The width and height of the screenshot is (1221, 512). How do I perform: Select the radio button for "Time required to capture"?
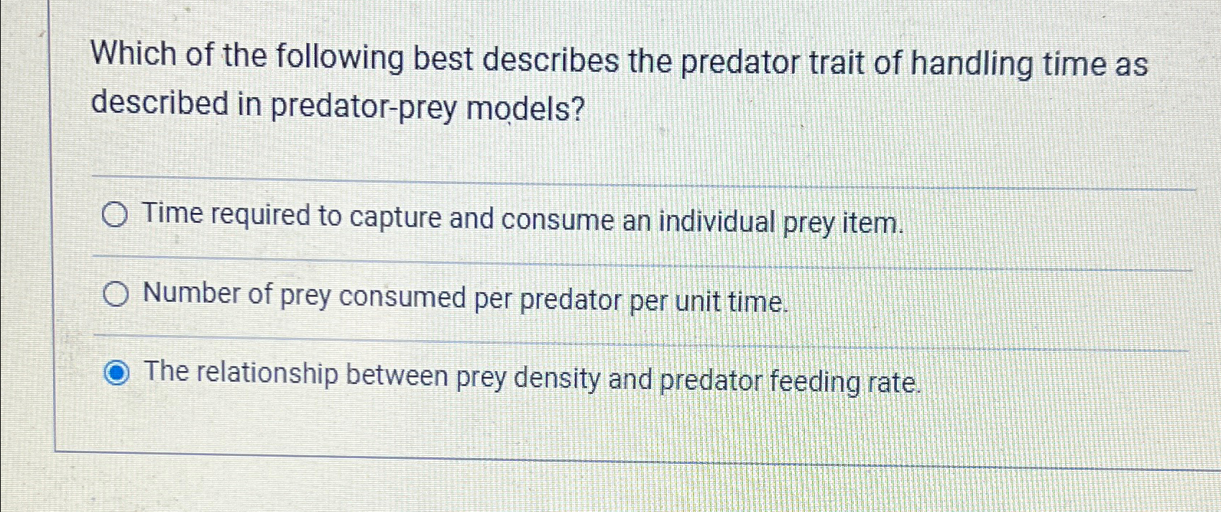click(x=115, y=214)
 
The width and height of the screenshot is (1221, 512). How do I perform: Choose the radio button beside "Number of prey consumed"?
click(x=116, y=294)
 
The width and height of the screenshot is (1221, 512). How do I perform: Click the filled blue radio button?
click(x=116, y=373)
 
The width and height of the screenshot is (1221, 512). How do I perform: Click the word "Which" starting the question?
click(x=134, y=55)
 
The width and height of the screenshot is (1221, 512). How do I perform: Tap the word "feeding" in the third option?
click(x=814, y=381)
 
